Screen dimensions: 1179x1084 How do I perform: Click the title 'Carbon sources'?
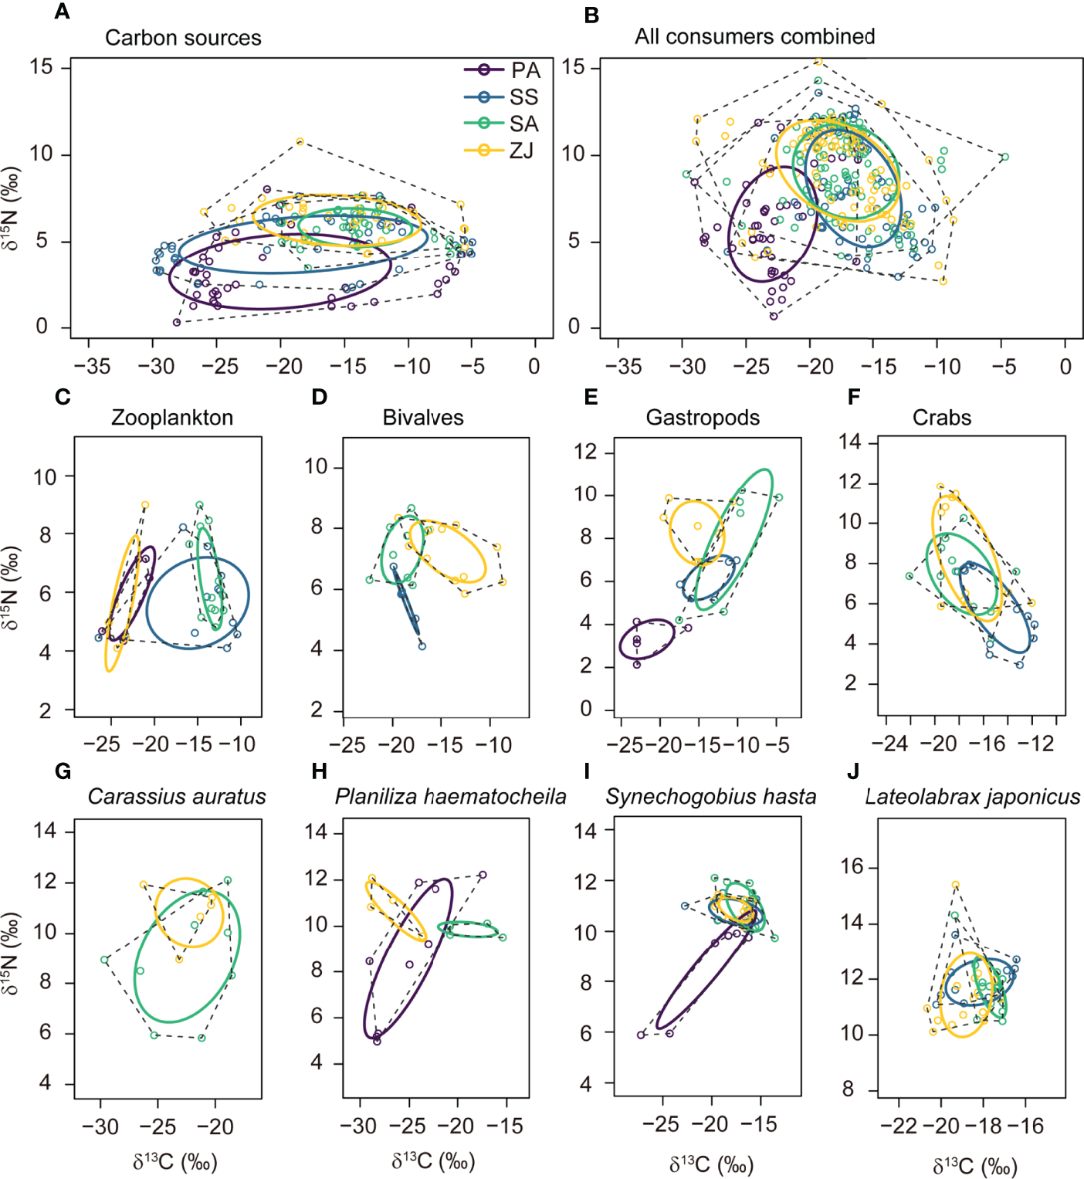coord(183,38)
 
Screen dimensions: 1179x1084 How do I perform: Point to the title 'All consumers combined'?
coord(754,36)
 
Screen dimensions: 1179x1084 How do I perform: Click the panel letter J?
coord(853,771)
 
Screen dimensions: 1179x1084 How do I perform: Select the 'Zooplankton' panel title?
coord(172,418)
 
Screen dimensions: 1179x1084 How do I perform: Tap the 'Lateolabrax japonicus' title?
coord(972,797)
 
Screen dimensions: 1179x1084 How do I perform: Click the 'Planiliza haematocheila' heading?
coord(450,797)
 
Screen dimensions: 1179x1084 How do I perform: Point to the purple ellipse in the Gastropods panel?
coord(647,639)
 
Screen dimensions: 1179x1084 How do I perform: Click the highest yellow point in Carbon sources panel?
coord(300,141)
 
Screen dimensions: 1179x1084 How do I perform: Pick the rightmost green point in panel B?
coord(1004,157)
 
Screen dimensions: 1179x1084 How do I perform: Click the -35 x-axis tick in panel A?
coord(92,366)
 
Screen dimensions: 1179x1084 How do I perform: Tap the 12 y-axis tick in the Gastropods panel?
coord(586,452)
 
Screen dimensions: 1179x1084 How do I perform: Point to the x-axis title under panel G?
coord(174,1162)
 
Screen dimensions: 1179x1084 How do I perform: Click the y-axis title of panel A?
coord(11,208)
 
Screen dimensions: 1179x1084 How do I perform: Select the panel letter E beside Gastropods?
coord(591,397)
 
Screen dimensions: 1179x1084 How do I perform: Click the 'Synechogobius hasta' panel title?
coord(710,797)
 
